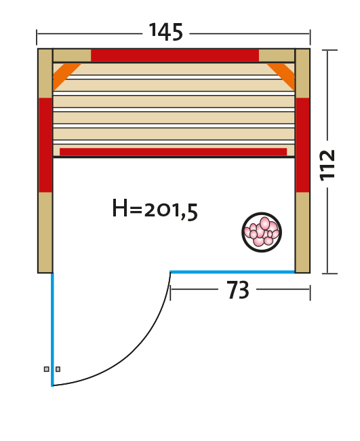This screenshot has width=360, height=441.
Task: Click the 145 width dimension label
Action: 166,32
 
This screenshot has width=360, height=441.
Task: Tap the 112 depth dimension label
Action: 327,166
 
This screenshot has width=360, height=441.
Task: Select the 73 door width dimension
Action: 238,290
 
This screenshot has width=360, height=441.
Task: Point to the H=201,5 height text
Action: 155,209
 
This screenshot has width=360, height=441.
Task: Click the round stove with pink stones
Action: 262,232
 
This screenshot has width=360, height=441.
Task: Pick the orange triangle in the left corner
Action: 64,75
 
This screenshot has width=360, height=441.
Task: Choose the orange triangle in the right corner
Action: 281,76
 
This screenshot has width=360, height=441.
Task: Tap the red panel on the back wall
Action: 175,56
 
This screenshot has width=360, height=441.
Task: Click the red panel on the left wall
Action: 45,145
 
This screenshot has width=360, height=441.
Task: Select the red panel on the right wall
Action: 302,145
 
